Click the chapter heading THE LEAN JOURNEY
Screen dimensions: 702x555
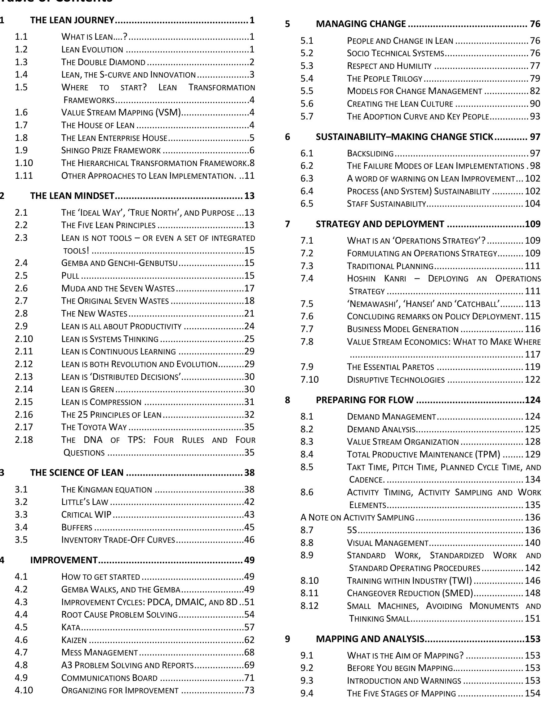[72, 20]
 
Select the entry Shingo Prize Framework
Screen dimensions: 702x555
[111, 150]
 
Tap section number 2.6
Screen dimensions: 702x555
[21, 288]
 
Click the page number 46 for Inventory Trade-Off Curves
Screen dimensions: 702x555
[249, 540]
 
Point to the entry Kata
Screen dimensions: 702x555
[70, 627]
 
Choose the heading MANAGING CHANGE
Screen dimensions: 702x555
[361, 24]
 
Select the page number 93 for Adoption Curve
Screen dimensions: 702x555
[535, 116]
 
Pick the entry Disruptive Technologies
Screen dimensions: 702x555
[395, 380]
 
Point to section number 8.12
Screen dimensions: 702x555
[309, 606]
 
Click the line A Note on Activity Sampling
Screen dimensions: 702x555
[357, 517]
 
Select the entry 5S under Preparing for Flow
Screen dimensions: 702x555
[352, 530]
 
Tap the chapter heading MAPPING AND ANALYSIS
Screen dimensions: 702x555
[370, 639]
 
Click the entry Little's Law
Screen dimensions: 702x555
[84, 502]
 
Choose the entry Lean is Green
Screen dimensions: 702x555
[87, 389]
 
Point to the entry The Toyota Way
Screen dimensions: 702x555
[94, 427]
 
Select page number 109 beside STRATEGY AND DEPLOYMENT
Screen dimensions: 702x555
[533, 224]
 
